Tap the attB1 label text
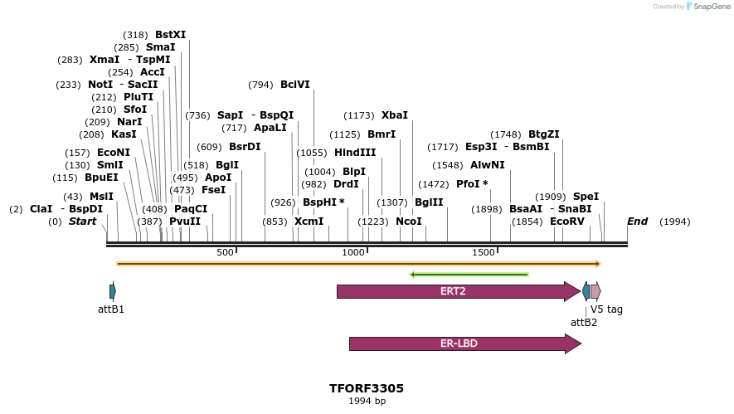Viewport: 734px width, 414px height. point(110,309)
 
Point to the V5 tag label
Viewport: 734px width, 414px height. point(606,309)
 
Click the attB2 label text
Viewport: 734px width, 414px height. point(584,323)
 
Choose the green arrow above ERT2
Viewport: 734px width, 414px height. point(469,275)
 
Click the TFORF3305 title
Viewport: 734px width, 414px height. point(367,387)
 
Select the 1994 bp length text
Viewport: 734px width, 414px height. point(367,402)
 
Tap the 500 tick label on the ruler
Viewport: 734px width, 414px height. point(225,252)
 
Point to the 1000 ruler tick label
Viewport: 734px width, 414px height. point(354,252)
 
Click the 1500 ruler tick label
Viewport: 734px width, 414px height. point(484,252)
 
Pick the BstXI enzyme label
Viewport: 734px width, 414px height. point(170,35)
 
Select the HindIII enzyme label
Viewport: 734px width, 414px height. point(355,153)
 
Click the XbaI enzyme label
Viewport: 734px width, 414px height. point(395,115)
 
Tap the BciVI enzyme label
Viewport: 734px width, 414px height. point(295,85)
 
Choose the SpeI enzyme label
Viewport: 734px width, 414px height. point(586,197)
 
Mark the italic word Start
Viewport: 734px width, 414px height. point(82,222)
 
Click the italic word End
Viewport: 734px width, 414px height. point(637,222)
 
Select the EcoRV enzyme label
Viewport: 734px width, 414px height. point(566,222)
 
